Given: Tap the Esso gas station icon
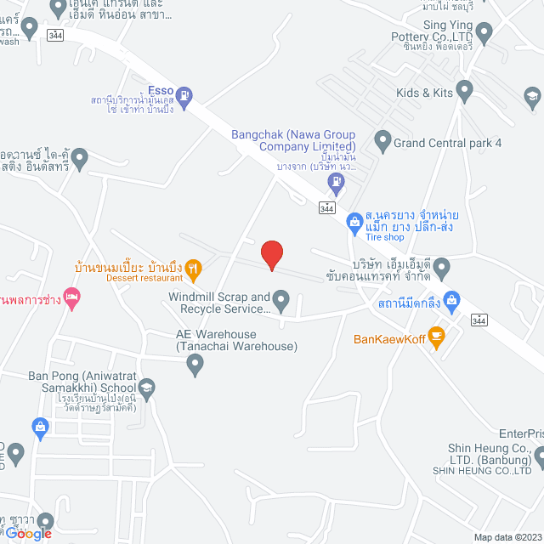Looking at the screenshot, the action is (x=188, y=97).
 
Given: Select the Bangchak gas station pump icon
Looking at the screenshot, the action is (x=338, y=180).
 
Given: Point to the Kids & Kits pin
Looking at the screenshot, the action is (x=464, y=89).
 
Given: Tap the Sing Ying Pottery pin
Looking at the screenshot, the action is (x=484, y=33).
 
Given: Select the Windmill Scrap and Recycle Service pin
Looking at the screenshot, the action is (x=281, y=299).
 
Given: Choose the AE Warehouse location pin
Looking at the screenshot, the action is (x=195, y=366).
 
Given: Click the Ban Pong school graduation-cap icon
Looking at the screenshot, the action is (x=146, y=388).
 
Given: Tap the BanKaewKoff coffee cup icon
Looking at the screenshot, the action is (x=437, y=337).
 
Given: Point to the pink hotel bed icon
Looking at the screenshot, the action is (x=72, y=298).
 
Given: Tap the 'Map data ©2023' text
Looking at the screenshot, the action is (x=507, y=536).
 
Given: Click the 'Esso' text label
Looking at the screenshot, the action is (x=161, y=89).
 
